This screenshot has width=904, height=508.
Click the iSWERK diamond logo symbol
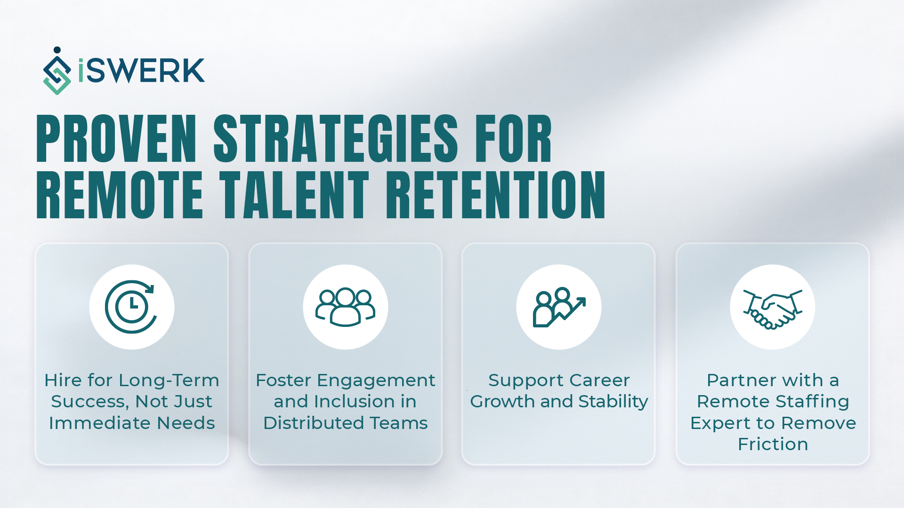click(x=57, y=71)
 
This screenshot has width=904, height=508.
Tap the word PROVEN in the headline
click(x=116, y=140)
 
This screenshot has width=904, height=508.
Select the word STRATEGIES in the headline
click(x=335, y=140)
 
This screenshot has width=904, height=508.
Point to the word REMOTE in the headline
click(x=120, y=195)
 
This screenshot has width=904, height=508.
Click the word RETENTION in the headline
click(x=495, y=195)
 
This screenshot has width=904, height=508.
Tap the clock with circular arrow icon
click(x=131, y=307)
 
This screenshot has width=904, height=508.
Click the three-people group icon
click(x=345, y=307)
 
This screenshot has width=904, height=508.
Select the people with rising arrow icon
click(x=559, y=307)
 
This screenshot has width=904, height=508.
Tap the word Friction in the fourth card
click(x=773, y=444)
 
